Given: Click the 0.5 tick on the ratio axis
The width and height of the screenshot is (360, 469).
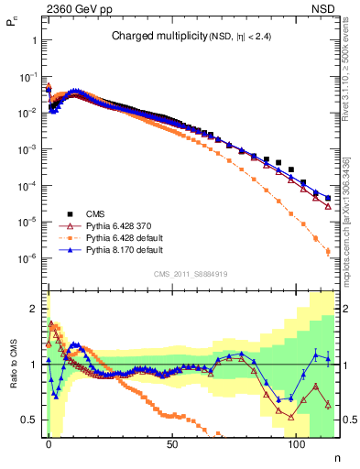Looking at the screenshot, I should pyautogui.click(x=30, y=420).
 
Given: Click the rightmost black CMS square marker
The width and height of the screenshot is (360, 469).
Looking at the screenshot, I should pyautogui.click(x=328, y=197).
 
